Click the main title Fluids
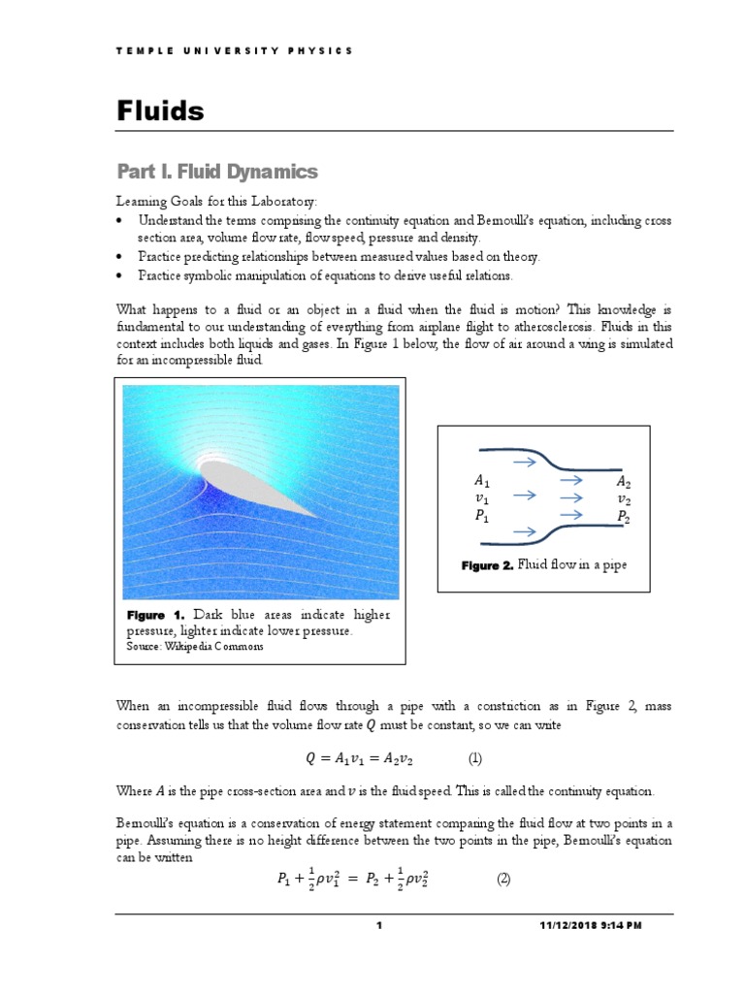coord(161,112)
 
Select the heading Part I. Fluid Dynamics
coord(217,172)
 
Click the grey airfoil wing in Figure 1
coord(254,485)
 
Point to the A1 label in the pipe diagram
coord(482,480)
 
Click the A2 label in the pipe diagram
coord(625,480)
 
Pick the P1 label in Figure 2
coord(482,517)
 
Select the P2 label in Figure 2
coord(625,517)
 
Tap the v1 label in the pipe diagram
coord(482,498)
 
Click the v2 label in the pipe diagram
coord(625,498)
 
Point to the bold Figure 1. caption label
coord(158,615)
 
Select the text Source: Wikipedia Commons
coord(195,647)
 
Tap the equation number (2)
coord(502,880)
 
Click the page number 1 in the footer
coord(380,926)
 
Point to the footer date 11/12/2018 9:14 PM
coord(590,926)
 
